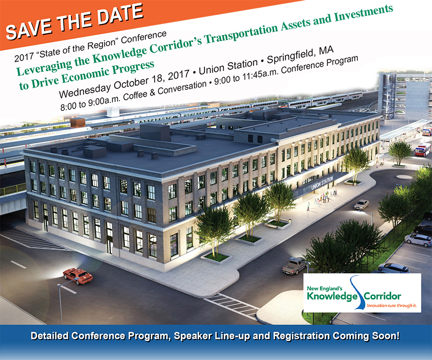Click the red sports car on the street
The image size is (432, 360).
point(78,276)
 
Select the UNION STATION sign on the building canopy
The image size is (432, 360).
point(323,183)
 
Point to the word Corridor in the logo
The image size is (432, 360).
point(383,296)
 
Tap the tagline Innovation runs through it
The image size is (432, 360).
point(392,305)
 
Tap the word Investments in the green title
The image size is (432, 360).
point(364,14)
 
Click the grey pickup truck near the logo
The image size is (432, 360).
point(294,266)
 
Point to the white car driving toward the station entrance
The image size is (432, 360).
point(361,204)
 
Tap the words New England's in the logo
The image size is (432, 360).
point(324,288)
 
